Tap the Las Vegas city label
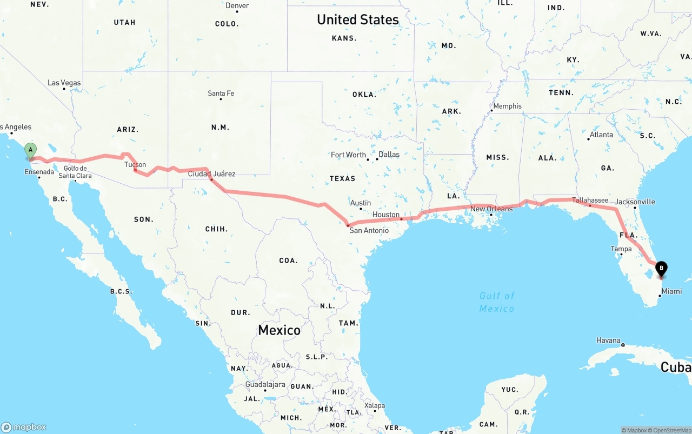[64, 83]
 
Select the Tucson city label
[135, 165]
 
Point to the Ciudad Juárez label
[211, 174]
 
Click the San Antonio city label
[369, 230]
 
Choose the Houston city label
[386, 215]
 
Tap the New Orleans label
[491, 209]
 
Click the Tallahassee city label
[590, 201]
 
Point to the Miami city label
[671, 291]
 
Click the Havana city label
[608, 340]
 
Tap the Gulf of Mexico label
[497, 302]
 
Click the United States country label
[358, 20]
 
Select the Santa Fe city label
[221, 94]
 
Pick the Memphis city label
[507, 106]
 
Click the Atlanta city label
[601, 135]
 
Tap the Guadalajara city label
[265, 384]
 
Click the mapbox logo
[24, 427]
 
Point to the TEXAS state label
[342, 178]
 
